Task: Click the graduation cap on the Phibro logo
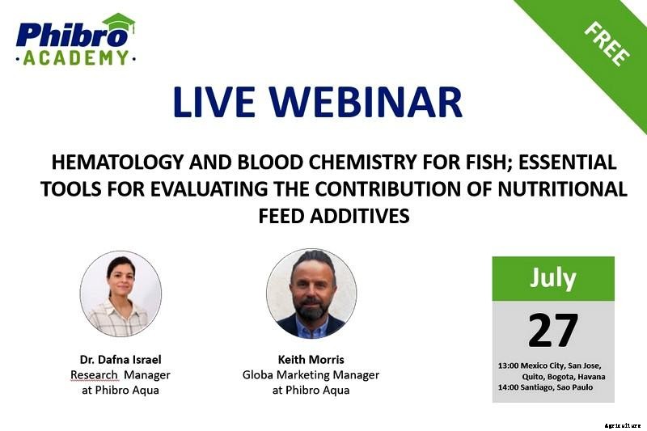[118, 23]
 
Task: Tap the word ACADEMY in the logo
[75, 57]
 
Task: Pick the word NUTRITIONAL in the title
[559, 189]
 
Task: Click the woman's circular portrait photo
[121, 294]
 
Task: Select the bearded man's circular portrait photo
[311, 294]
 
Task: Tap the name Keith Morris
[311, 359]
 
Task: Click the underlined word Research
[94, 374]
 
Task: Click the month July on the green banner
[553, 277]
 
